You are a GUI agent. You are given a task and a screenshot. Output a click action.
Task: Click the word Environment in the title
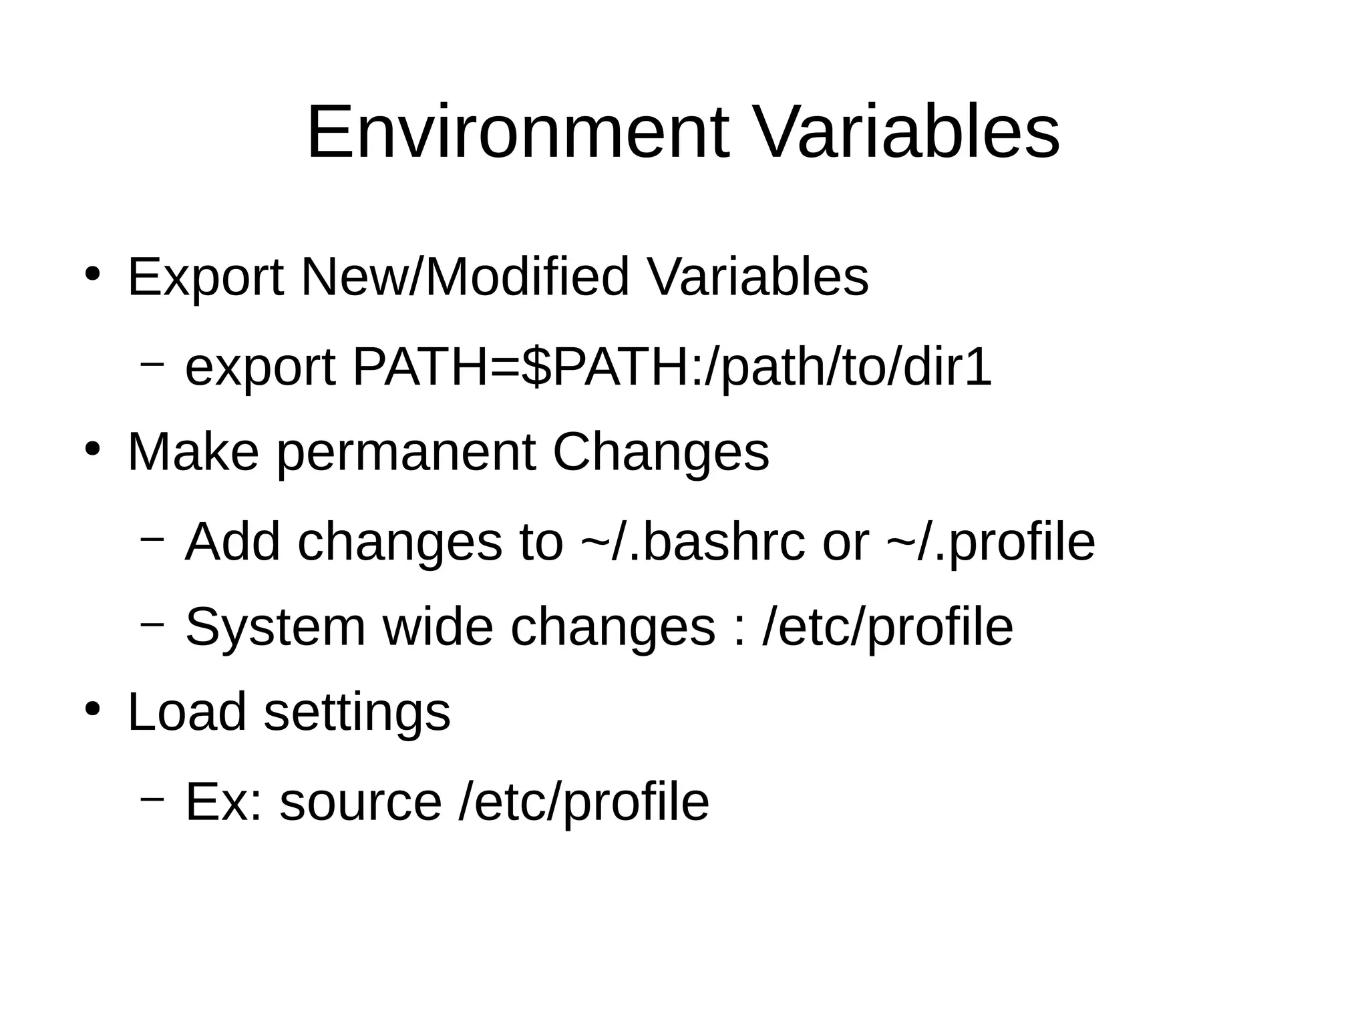pyautogui.click(x=518, y=133)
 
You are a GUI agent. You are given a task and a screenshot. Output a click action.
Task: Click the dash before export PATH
pyautogui.click(x=152, y=365)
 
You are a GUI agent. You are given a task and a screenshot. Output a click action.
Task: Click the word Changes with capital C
pyautogui.click(x=661, y=453)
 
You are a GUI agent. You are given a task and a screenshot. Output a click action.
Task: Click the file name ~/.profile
pyautogui.click(x=991, y=542)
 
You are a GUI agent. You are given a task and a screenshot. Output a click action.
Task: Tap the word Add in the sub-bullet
pyautogui.click(x=232, y=542)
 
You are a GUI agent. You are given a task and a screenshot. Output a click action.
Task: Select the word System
pyautogui.click(x=275, y=628)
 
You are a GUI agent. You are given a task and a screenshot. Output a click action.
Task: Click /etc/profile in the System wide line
pyautogui.click(x=887, y=628)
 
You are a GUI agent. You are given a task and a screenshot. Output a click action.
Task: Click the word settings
pyautogui.click(x=357, y=712)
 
